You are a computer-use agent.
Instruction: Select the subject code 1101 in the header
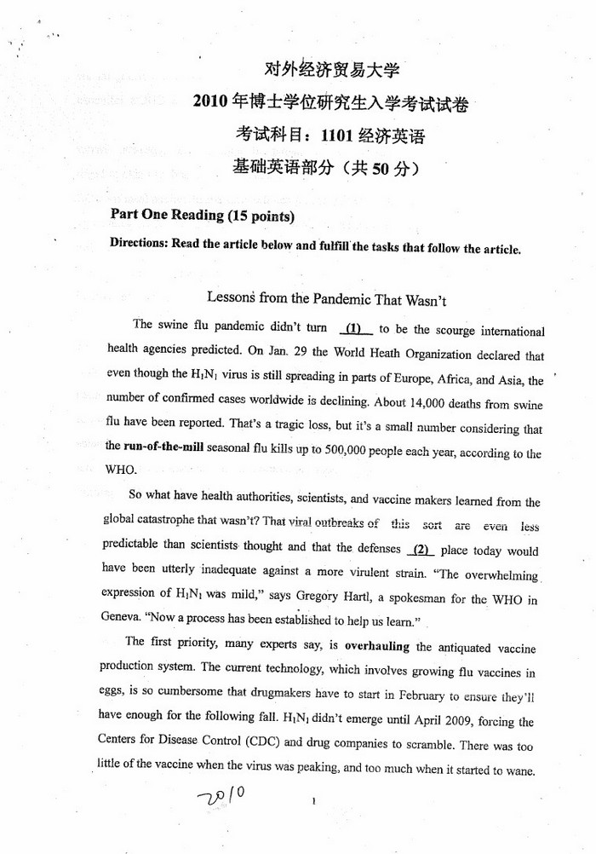pyautogui.click(x=338, y=135)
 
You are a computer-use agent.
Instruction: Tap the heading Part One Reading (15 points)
pyautogui.click(x=203, y=215)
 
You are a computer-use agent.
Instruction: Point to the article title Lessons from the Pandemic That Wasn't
pyautogui.click(x=327, y=299)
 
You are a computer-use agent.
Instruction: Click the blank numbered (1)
pyautogui.click(x=355, y=328)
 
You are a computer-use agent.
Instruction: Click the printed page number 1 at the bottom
pyautogui.click(x=314, y=802)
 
